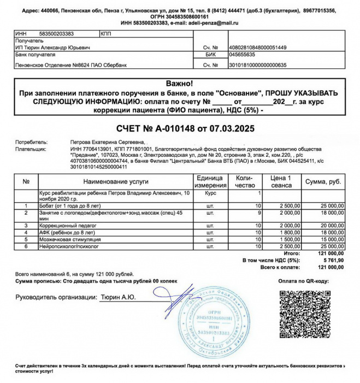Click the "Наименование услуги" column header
(115, 181)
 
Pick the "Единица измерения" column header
(211, 181)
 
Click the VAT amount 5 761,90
(332, 261)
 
